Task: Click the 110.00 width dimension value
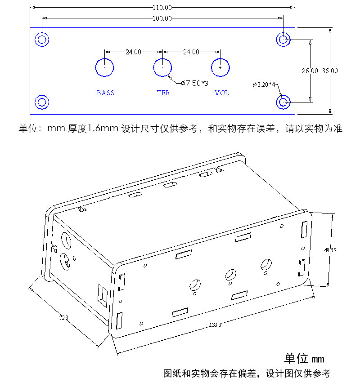(162, 7)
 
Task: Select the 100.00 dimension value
(162, 18)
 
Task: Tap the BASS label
(105, 93)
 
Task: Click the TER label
(163, 93)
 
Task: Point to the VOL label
(222, 93)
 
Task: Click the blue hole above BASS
(104, 58)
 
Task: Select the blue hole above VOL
(220, 58)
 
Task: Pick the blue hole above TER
(162, 58)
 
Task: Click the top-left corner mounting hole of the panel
(42, 32)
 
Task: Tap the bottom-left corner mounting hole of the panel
(42, 95)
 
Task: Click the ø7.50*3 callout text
(195, 83)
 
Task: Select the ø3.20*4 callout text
(264, 85)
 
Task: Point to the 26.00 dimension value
(310, 71)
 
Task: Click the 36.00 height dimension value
(329, 71)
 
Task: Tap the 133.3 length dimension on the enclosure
(215, 325)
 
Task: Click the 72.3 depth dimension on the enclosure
(64, 318)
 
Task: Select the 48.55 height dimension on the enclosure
(330, 250)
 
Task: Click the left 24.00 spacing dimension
(133, 52)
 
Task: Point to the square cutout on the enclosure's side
(103, 295)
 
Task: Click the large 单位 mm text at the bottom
(304, 359)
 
